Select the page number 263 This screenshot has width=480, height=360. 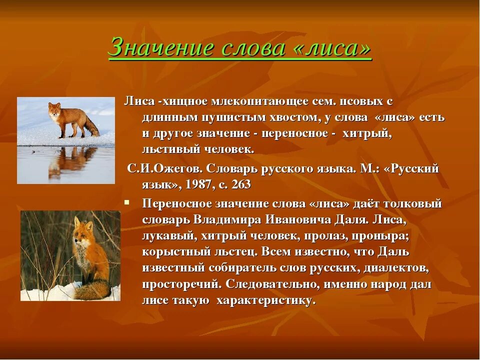tap(241, 184)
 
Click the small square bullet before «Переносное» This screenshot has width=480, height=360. tap(127, 203)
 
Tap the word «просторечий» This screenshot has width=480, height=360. tap(180, 284)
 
